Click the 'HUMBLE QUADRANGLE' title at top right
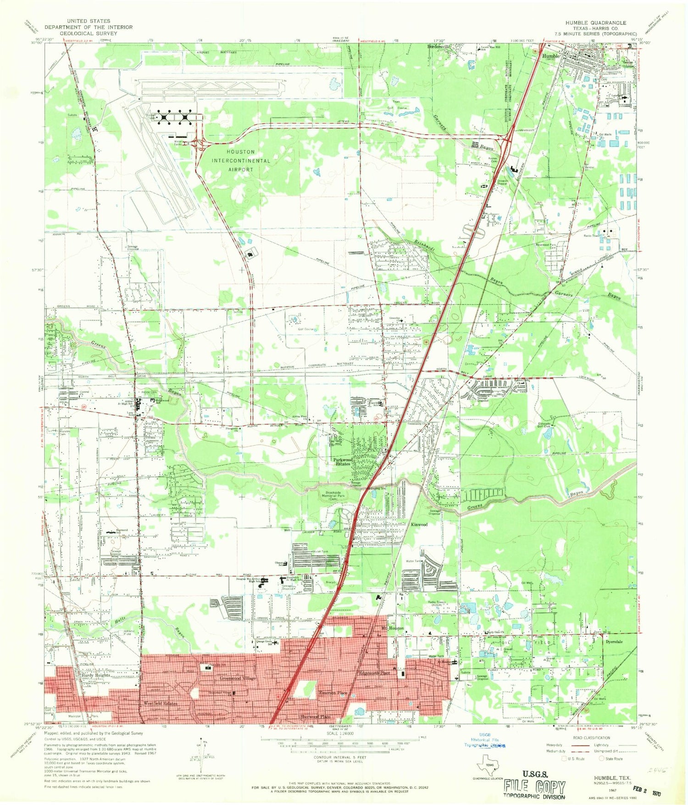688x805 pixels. tap(595, 23)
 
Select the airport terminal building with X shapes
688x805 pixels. tap(175, 118)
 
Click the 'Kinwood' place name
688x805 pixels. tap(419, 524)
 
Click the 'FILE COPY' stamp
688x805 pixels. tap(534, 787)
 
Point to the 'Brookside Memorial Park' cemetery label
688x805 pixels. tap(332, 498)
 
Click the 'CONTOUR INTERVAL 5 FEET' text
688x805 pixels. tap(339, 757)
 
